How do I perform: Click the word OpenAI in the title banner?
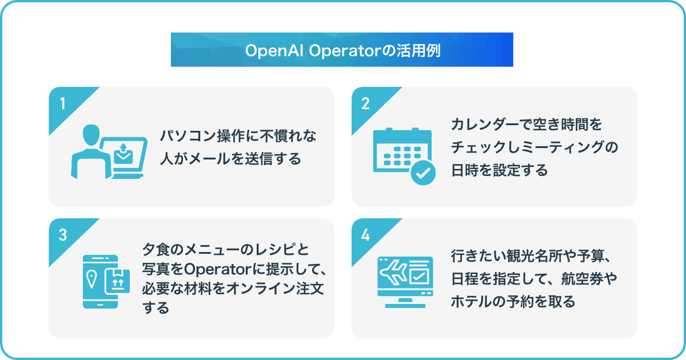tap(274, 51)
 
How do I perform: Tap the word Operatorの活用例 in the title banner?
tap(375, 51)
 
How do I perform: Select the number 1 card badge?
tap(63, 103)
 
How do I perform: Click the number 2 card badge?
tap(365, 103)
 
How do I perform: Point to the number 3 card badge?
tap(63, 235)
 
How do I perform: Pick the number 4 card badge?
tap(365, 235)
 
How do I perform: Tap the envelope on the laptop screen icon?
tap(123, 157)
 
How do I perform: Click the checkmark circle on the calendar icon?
tap(423, 173)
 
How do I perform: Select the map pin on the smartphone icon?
tap(91, 279)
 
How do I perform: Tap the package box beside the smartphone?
tap(117, 281)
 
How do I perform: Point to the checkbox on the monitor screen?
tap(418, 277)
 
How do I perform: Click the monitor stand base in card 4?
tap(405, 306)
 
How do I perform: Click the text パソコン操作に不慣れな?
tap(238, 136)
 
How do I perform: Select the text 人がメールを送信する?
tap(230, 159)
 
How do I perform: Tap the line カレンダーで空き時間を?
tap(527, 125)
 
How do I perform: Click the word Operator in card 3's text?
tap(218, 269)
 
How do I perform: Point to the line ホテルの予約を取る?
tap(513, 301)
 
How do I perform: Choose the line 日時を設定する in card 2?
tap(500, 170)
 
